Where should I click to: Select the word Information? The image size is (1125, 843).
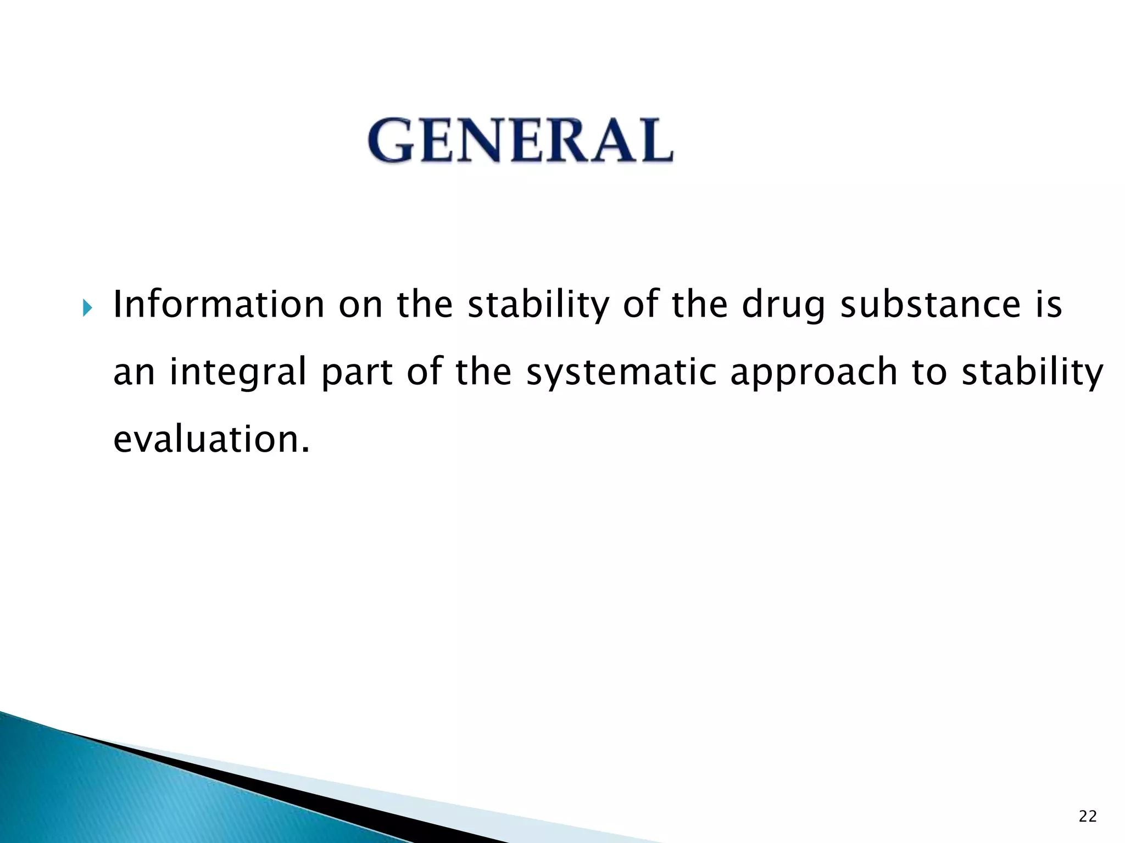click(219, 305)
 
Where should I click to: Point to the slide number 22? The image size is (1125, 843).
click(1088, 817)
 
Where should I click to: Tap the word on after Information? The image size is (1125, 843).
click(360, 306)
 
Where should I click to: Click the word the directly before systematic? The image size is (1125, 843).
click(483, 372)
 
